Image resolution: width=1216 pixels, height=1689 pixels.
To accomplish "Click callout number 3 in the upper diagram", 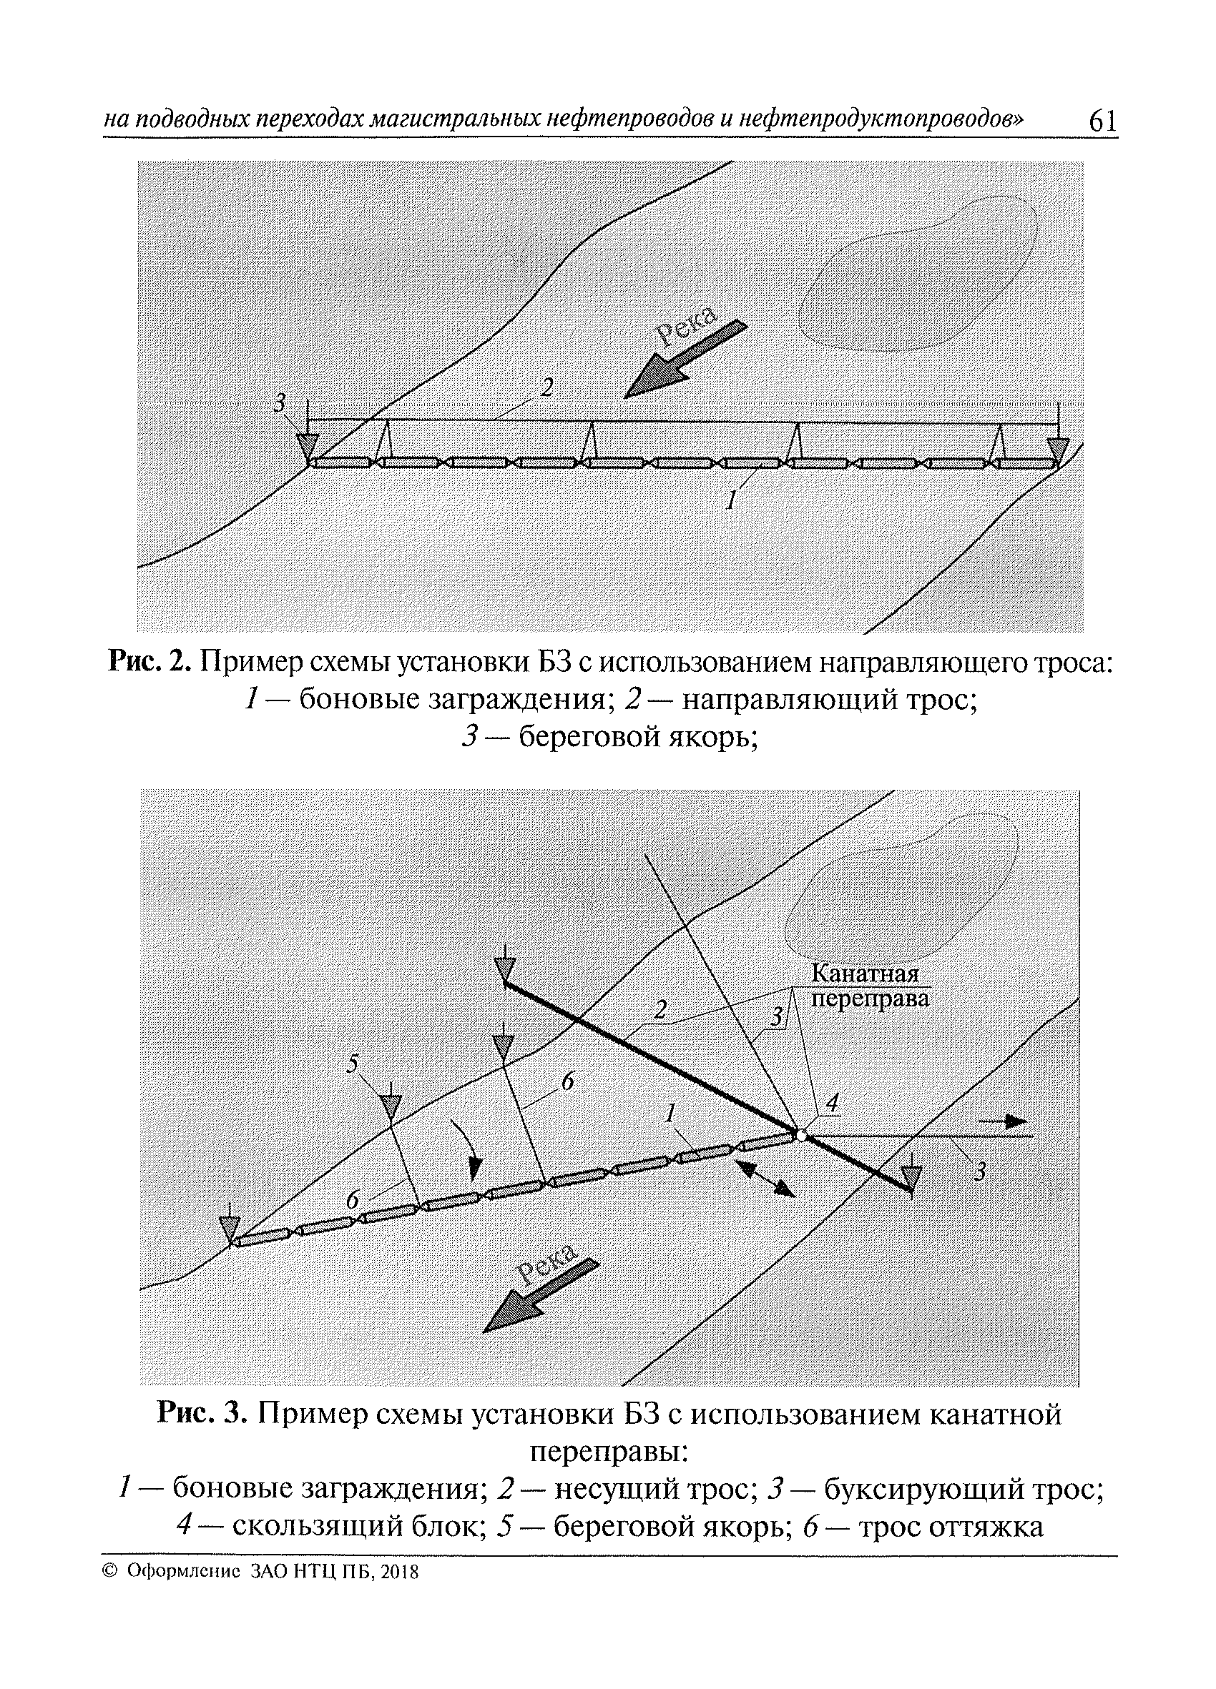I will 280,403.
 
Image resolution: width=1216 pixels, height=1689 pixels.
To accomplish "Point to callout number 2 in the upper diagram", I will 548,388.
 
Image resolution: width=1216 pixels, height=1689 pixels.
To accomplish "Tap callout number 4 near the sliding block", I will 833,1103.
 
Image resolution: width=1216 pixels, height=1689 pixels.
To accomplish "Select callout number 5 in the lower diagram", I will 353,1064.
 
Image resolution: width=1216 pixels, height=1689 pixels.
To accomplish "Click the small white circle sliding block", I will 800,1136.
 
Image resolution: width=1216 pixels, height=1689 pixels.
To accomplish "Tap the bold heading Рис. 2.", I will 151,661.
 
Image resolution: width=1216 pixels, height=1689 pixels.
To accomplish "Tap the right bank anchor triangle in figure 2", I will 1057,450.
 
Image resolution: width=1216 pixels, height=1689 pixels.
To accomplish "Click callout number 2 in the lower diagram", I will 660,1010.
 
